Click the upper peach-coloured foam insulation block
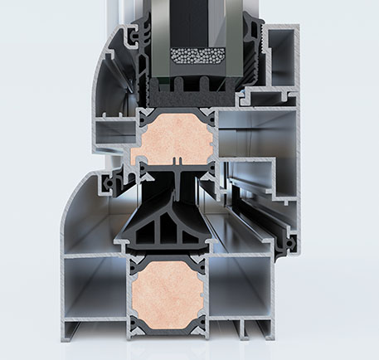(x=172, y=138)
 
